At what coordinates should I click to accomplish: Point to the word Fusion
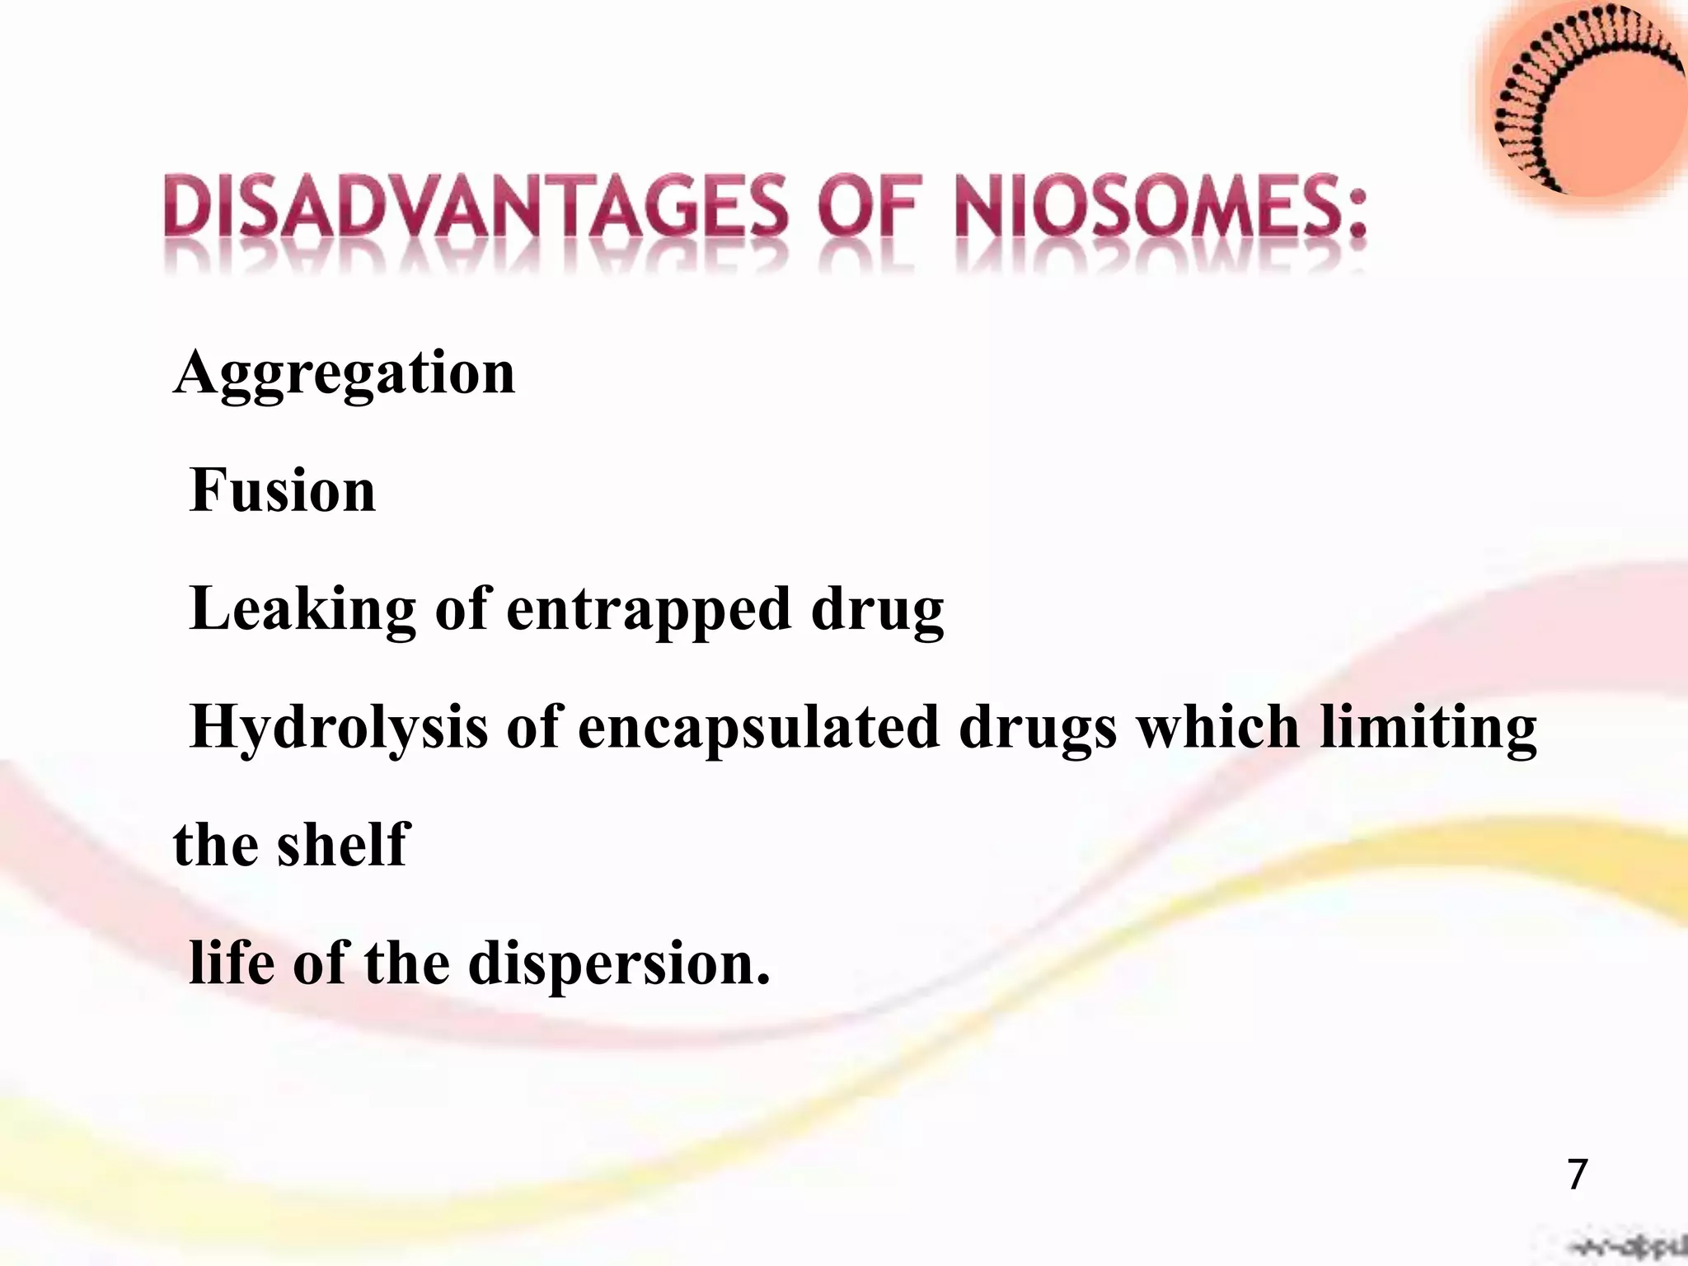[x=283, y=491]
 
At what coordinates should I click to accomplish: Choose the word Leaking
[x=302, y=611]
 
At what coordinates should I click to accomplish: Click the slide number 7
[x=1577, y=1175]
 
